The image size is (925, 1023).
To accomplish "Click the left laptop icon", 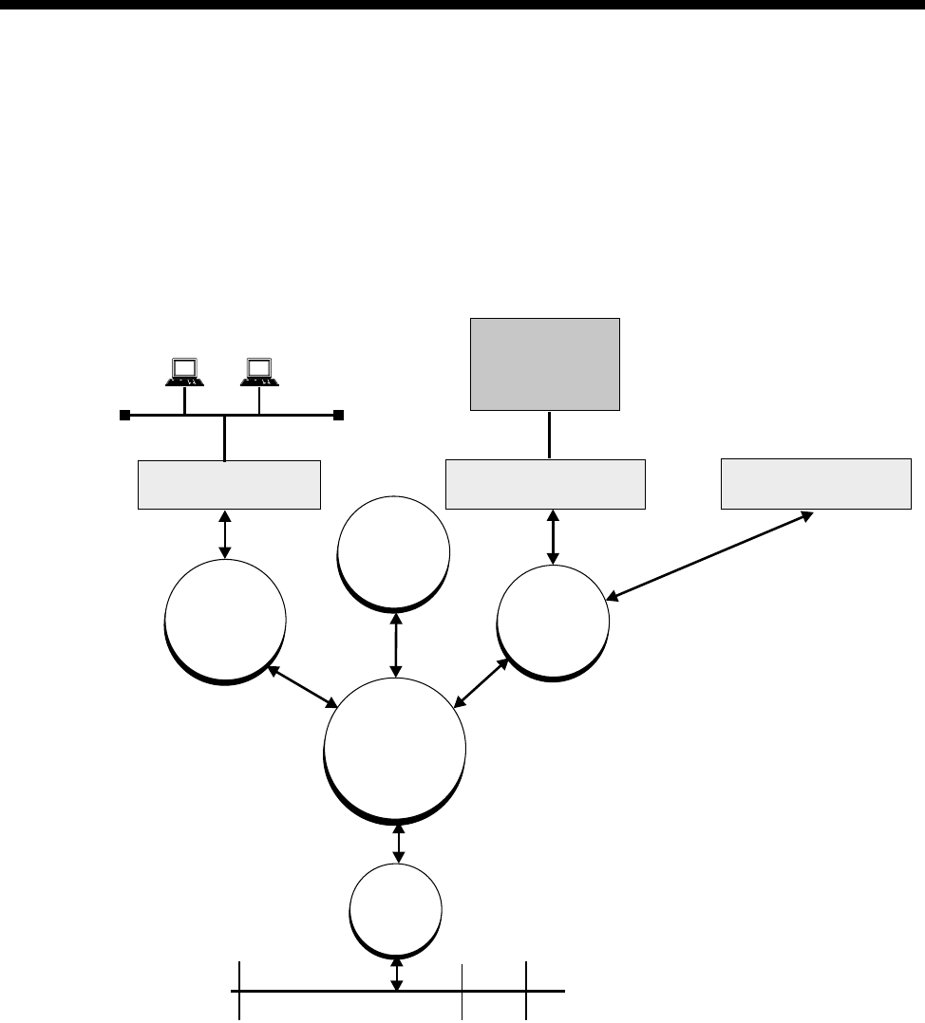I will [x=183, y=371].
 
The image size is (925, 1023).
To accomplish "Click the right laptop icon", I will [x=258, y=371].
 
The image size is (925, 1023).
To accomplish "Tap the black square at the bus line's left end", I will [x=123, y=415].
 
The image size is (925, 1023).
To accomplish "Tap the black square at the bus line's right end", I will [x=338, y=415].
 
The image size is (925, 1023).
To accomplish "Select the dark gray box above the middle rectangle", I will [x=545, y=363].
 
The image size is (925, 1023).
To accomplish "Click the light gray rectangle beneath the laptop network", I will [x=229, y=484].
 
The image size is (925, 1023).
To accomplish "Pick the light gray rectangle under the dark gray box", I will [x=546, y=484].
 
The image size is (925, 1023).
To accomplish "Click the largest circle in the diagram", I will [x=395, y=749].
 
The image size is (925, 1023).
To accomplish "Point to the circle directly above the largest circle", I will [x=393, y=550].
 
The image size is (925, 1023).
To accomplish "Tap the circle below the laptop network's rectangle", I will [x=225, y=619].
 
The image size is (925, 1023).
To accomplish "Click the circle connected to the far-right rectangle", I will [x=553, y=622].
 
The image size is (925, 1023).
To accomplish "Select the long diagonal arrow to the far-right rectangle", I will [x=709, y=555].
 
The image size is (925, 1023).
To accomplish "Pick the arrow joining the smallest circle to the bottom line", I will [x=396, y=973].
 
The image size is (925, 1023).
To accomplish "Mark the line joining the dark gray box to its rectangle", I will [x=549, y=435].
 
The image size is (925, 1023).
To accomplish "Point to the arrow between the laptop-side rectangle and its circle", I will [x=225, y=534].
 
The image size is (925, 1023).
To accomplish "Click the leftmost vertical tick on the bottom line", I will [x=238, y=991].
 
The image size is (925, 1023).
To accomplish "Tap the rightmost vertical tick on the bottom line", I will [x=527, y=991].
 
